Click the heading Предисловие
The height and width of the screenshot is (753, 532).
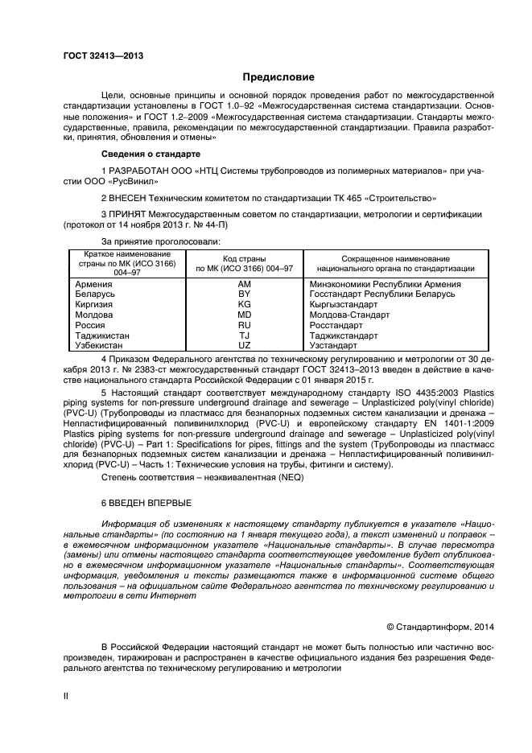(279, 77)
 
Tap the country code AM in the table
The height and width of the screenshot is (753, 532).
(245, 284)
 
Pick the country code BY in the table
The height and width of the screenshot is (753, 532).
(245, 294)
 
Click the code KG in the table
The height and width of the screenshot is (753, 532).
(245, 305)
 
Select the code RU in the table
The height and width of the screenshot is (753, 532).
(245, 325)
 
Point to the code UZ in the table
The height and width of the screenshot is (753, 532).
(245, 345)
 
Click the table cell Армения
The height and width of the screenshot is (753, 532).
(93, 284)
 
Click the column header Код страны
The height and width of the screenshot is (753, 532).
(245, 257)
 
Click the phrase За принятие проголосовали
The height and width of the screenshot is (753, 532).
(161, 241)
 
